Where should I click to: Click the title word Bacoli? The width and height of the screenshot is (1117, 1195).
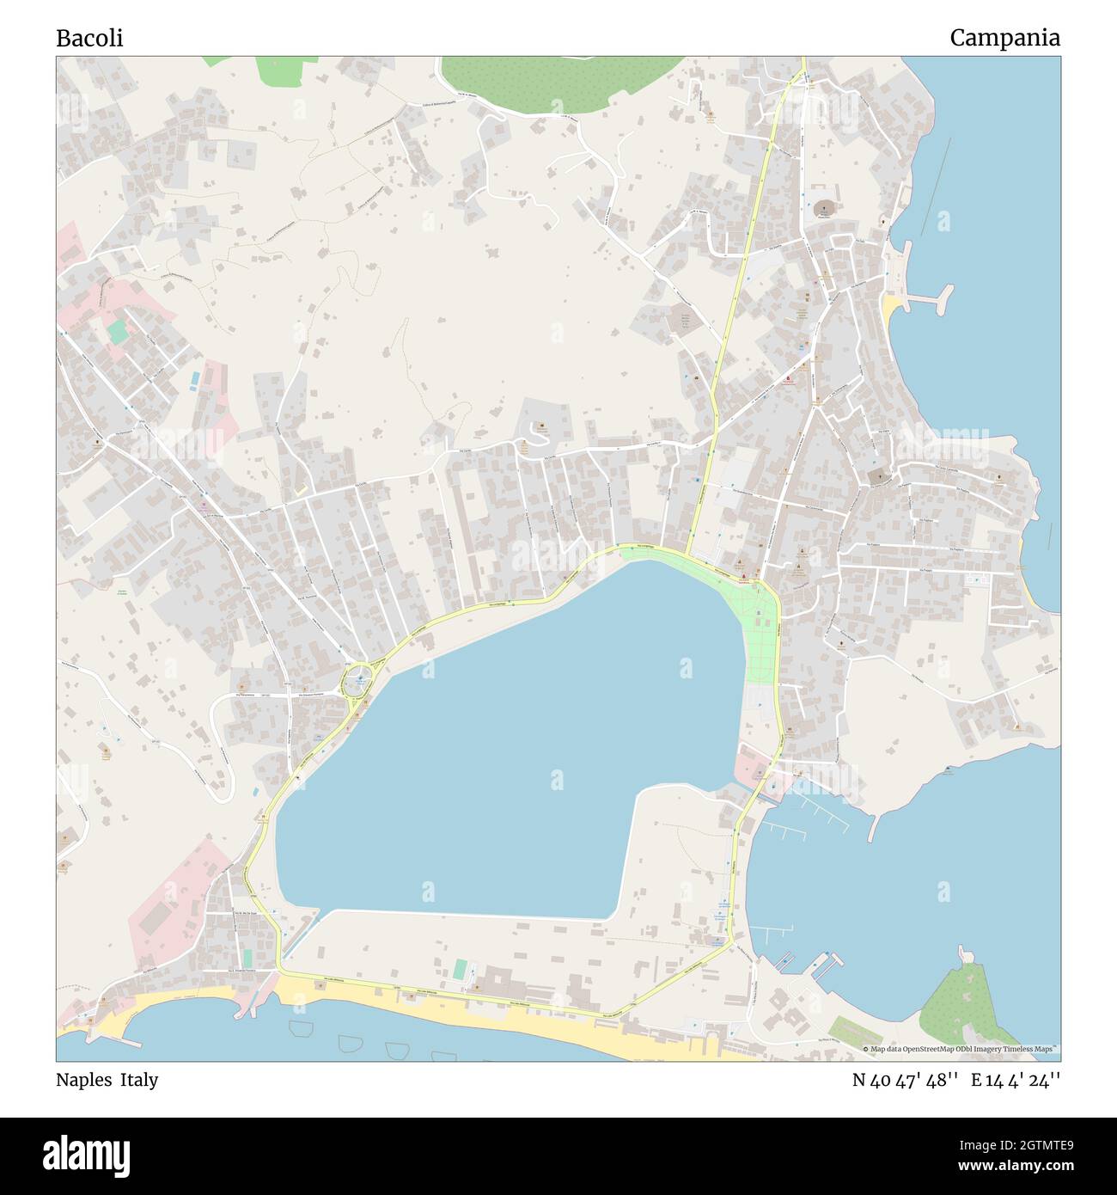[89, 39]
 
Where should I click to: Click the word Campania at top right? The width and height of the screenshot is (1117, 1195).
[1004, 38]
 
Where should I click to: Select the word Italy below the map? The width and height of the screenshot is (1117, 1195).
[138, 1080]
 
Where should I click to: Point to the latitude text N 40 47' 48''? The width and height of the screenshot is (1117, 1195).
[906, 1080]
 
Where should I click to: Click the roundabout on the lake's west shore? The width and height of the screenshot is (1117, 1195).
[357, 683]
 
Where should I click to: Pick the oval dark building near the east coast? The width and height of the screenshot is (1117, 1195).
[825, 209]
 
